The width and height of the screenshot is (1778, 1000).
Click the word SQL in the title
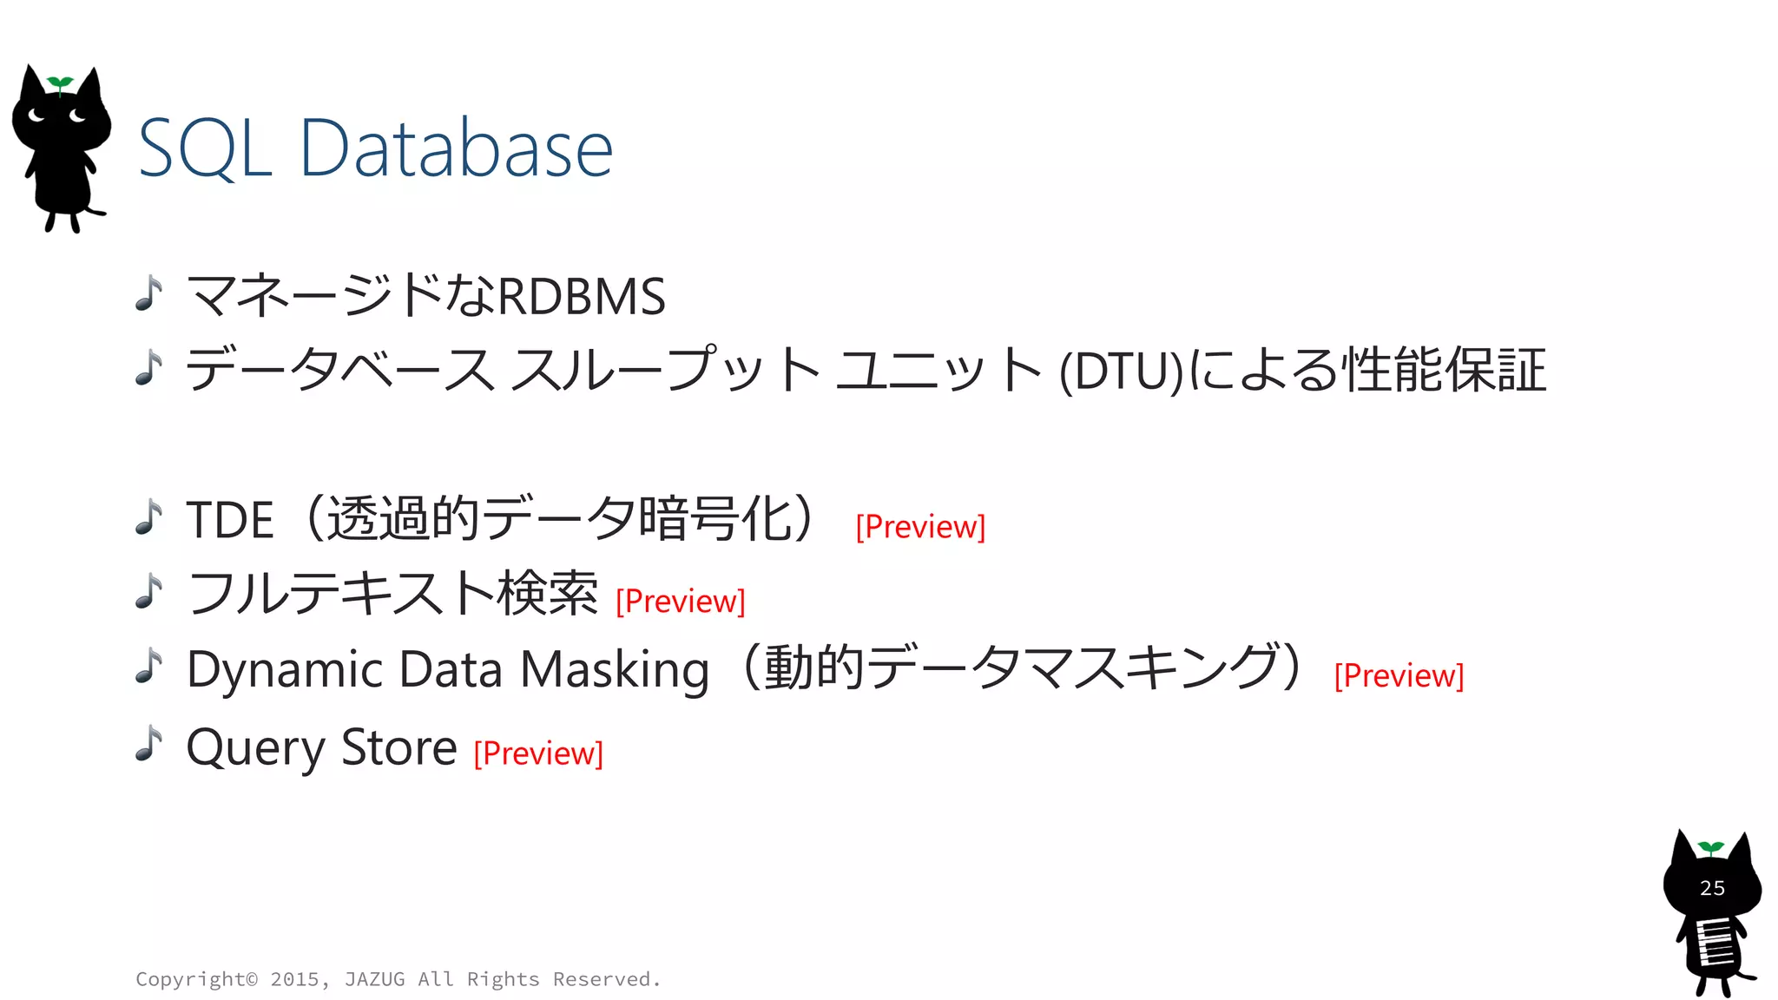pos(205,149)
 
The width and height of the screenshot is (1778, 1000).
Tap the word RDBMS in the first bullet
pos(582,296)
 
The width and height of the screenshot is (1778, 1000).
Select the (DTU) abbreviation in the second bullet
pos(1122,372)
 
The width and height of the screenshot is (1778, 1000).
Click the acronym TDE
pos(230,520)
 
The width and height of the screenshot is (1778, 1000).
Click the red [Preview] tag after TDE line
pos(920,527)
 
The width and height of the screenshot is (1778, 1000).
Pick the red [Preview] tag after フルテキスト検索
pos(681,601)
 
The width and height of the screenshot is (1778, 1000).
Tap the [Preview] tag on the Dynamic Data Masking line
pos(1399,675)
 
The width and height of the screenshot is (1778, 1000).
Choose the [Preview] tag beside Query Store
pos(538,753)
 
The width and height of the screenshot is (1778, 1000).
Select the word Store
pos(398,747)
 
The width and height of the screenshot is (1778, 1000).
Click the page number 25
pos(1712,888)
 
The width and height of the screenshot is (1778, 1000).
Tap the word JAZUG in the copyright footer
pos(374,979)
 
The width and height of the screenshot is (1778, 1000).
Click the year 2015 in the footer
pos(294,979)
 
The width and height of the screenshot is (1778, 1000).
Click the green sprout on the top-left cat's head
pos(60,83)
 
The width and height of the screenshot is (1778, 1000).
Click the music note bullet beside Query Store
pos(149,744)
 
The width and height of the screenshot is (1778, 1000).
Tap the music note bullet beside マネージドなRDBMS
pos(149,293)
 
